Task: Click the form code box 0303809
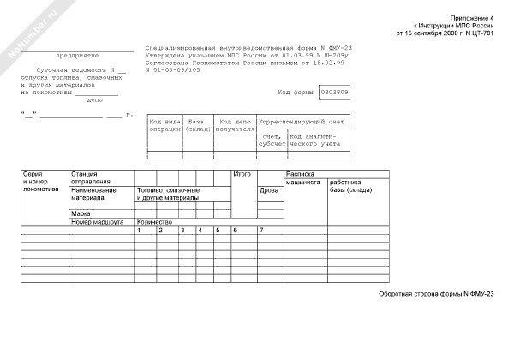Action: (x=334, y=92)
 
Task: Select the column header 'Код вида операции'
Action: (x=164, y=126)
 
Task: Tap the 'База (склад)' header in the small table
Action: (x=199, y=126)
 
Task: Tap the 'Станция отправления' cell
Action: (x=91, y=178)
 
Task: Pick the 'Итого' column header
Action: (x=242, y=174)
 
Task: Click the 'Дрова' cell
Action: (x=269, y=190)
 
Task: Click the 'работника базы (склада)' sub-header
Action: (x=351, y=186)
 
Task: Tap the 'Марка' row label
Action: (x=81, y=213)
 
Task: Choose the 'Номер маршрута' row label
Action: (x=93, y=222)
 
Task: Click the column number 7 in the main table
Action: (x=260, y=231)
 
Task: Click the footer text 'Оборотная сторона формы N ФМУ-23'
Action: (x=436, y=294)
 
